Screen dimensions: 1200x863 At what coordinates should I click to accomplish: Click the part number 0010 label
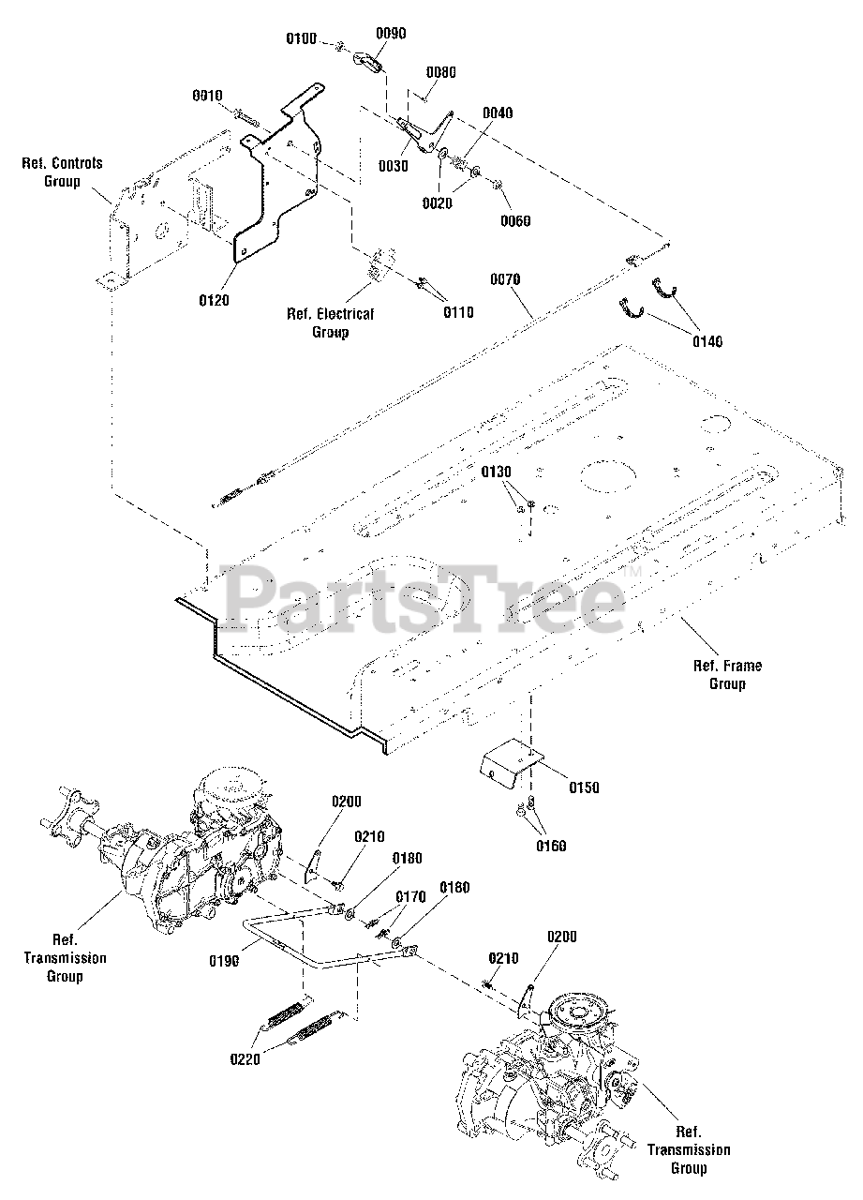pos(208,95)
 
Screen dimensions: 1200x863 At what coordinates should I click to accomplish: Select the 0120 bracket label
pos(215,300)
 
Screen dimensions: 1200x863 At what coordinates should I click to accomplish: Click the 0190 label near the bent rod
pos(224,961)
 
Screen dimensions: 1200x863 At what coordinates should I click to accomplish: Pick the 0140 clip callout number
pos(707,342)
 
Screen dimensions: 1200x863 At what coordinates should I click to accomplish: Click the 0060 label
pos(515,220)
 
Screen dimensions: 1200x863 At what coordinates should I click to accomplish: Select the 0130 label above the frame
pos(498,471)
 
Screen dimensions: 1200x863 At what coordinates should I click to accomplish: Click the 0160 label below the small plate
pos(551,846)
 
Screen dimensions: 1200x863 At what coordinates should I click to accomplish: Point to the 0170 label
pos(409,897)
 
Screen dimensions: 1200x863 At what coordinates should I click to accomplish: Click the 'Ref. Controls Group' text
pos(62,172)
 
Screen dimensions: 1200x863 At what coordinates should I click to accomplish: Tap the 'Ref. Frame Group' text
pos(727,675)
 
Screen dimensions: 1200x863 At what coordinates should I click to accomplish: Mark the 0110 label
pos(459,312)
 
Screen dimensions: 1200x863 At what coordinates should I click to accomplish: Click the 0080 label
pos(440,72)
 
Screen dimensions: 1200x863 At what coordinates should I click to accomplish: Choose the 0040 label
pos(498,113)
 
